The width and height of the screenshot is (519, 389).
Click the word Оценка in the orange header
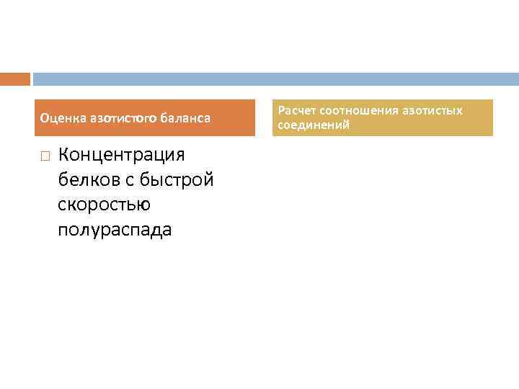[59, 117]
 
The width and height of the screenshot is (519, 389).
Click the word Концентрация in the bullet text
[121, 155]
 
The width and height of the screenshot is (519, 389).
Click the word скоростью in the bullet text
[104, 205]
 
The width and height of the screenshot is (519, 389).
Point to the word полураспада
[115, 231]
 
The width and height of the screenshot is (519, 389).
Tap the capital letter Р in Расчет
[281, 110]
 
